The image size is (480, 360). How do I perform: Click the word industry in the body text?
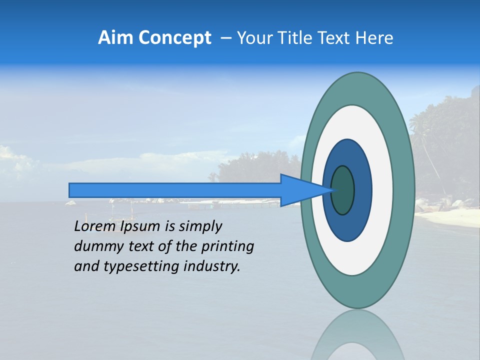pyautogui.click(x=212, y=266)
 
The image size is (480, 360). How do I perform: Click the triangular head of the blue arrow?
pyautogui.click(x=300, y=190)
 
